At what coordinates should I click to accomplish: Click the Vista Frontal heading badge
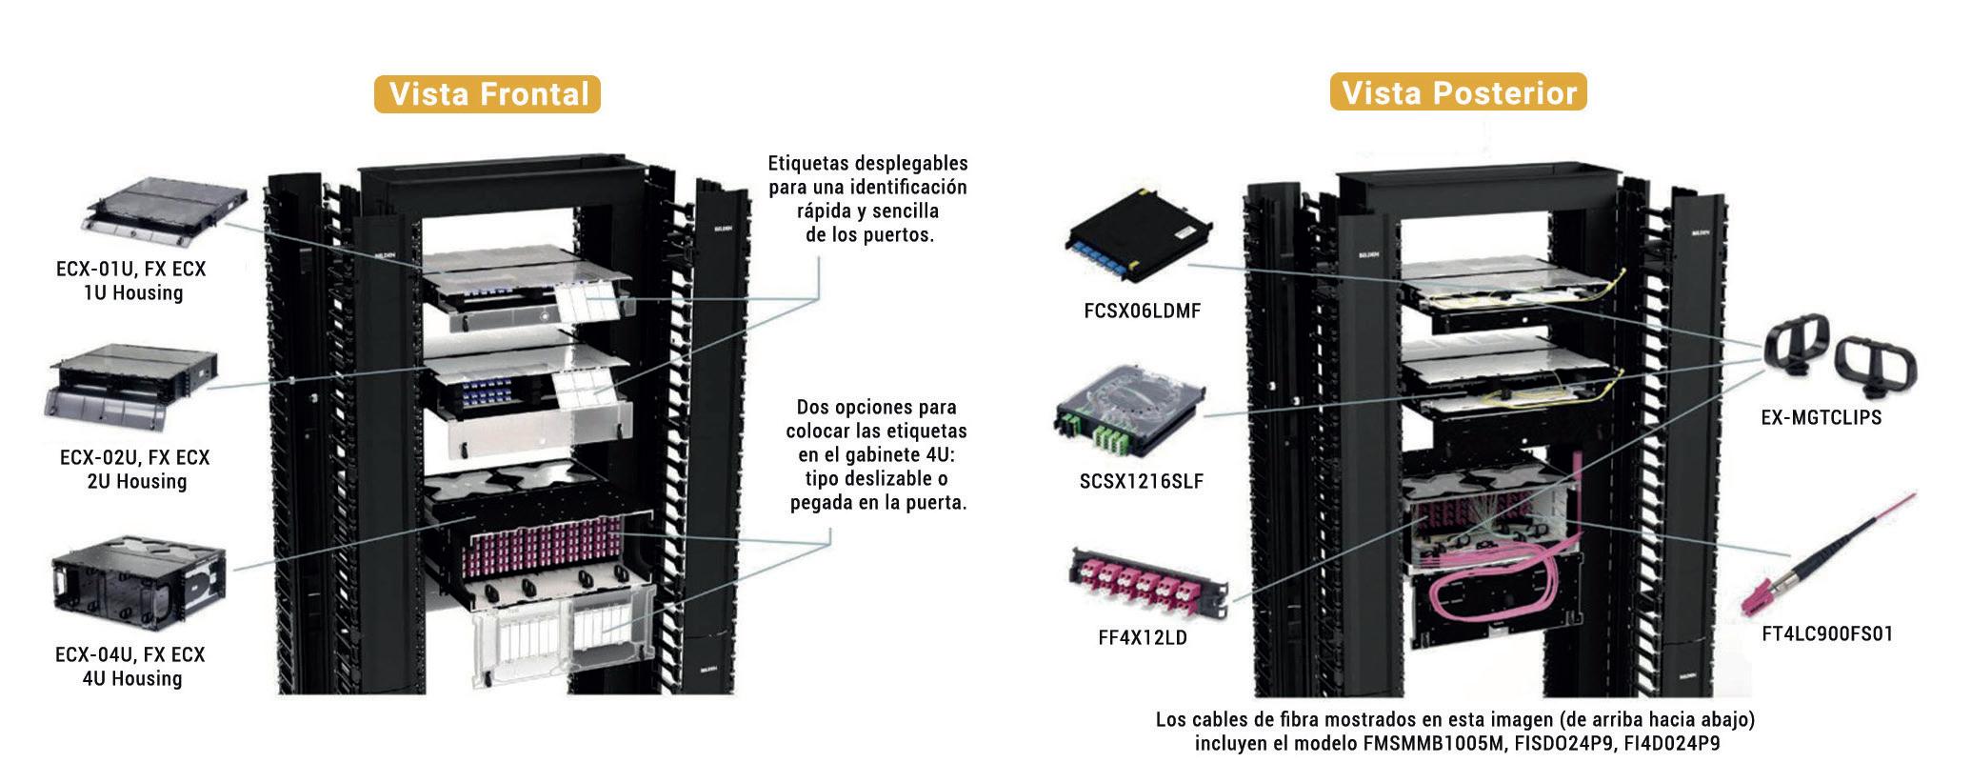pos(487,94)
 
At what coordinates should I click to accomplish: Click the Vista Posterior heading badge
pos(1458,92)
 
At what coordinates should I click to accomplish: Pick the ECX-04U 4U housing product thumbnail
pos(137,581)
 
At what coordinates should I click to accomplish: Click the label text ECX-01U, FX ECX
pos(130,270)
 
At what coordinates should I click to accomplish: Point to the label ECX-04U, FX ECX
pos(130,655)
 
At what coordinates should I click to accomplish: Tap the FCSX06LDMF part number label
pos(1142,311)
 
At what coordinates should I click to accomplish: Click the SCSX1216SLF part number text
pos(1141,482)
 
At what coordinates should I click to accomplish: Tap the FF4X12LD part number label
pos(1143,638)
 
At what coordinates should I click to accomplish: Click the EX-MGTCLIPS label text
pos(1821,417)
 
